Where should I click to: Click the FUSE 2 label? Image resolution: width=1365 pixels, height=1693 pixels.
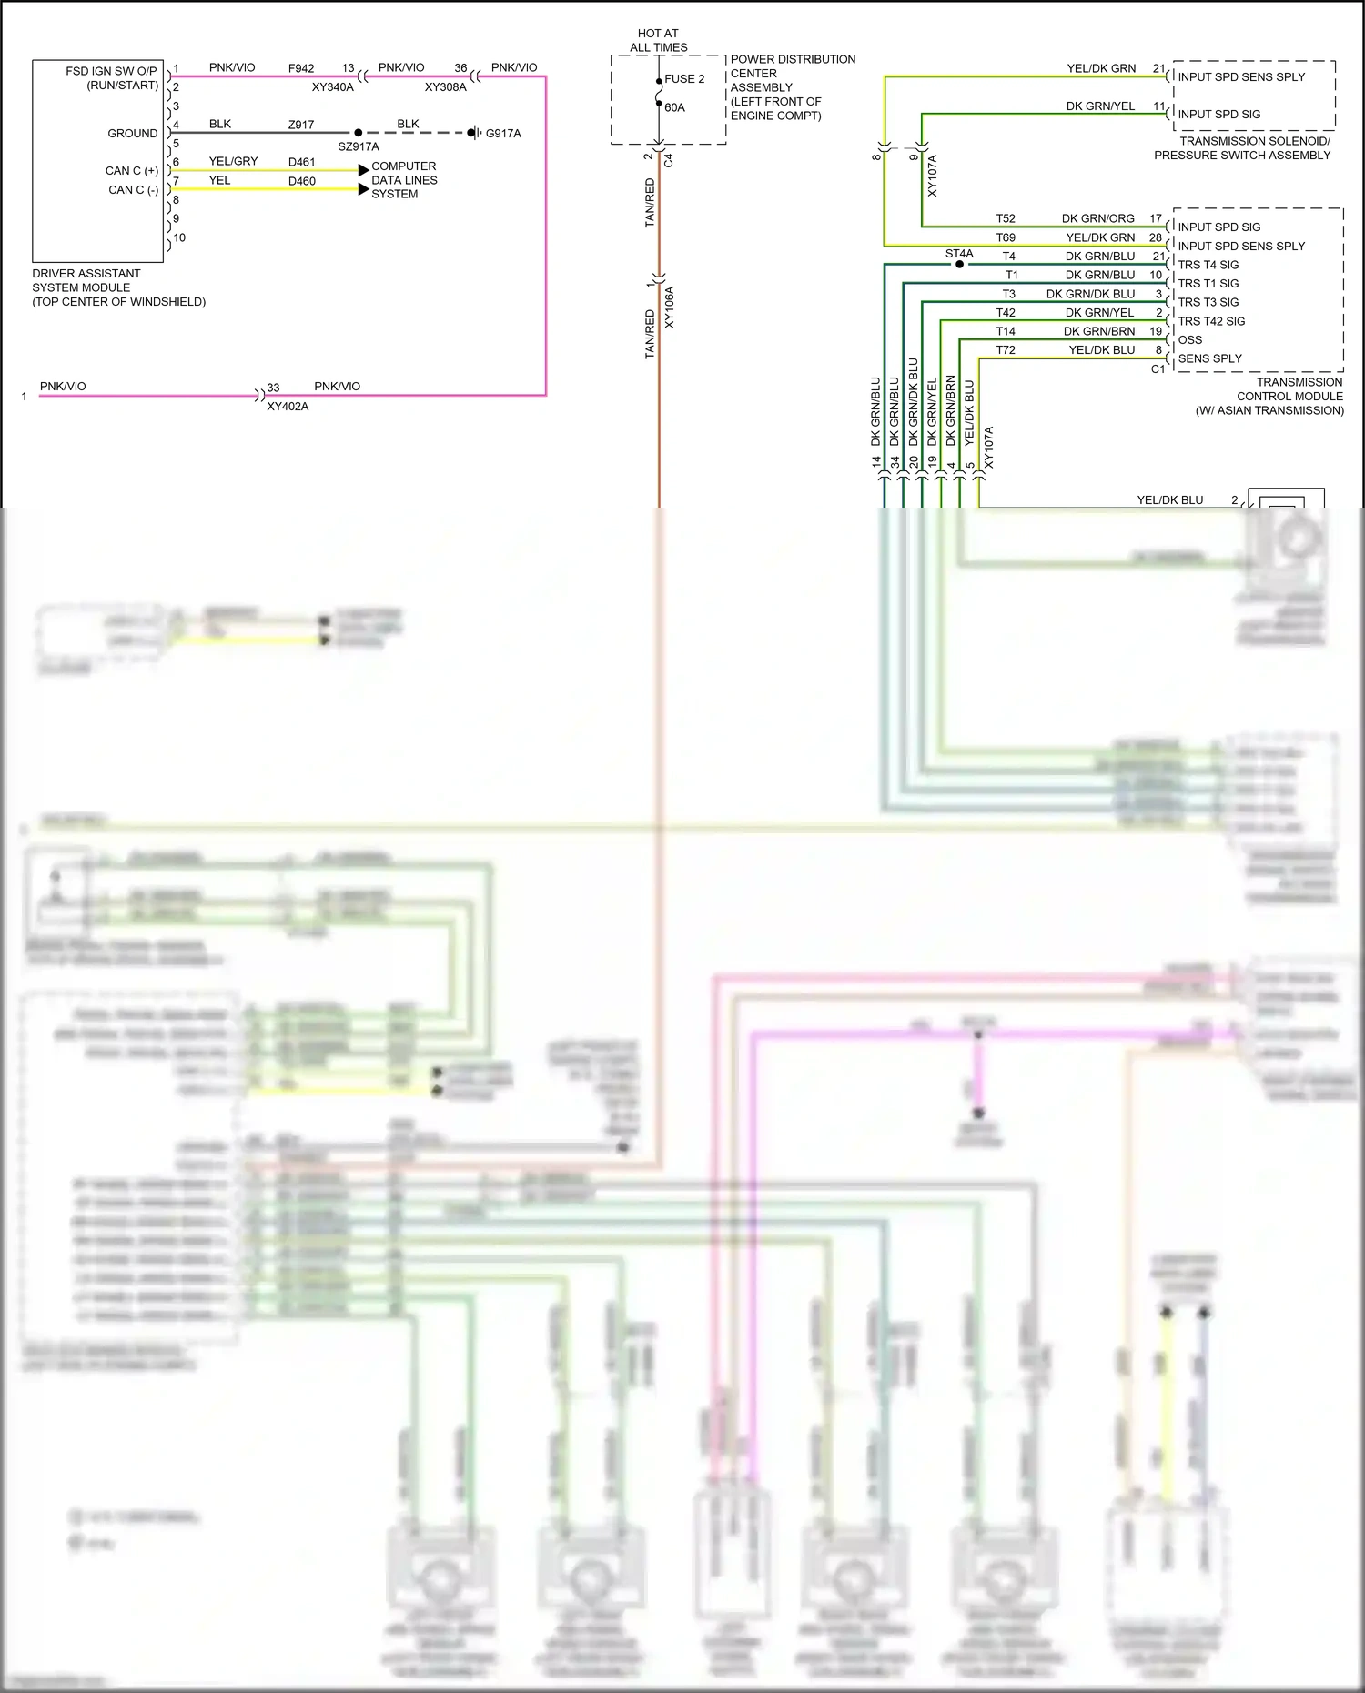[x=684, y=79]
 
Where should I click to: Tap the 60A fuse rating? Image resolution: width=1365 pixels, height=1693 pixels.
[x=674, y=107]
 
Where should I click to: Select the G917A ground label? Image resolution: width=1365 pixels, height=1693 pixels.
[x=503, y=134]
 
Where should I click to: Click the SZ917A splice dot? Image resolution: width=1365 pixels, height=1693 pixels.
[x=358, y=133]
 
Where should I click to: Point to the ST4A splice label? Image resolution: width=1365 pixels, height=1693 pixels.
[x=959, y=254]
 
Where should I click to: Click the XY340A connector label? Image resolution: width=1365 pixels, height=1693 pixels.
[x=332, y=87]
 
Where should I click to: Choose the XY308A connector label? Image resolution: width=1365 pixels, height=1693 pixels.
[x=445, y=87]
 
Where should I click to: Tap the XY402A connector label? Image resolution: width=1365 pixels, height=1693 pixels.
[x=288, y=407]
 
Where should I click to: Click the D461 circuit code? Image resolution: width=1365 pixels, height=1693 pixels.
[x=302, y=162]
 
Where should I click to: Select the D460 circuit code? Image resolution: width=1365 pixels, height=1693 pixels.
[x=302, y=181]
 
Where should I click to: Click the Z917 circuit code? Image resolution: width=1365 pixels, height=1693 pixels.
[x=301, y=125]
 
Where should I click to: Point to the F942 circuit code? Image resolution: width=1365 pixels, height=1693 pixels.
[x=301, y=68]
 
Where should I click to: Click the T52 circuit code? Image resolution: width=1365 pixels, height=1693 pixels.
[x=1006, y=218]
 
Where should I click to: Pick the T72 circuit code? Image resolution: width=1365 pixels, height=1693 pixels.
[x=1006, y=350]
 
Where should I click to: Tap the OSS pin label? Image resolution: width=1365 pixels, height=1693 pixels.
[x=1190, y=339]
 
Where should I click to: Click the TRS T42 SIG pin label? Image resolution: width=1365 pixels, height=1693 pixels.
[x=1211, y=321]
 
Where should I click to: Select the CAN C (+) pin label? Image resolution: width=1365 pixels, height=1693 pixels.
[x=132, y=171]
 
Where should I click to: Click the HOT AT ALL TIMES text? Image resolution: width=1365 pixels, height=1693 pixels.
[x=659, y=40]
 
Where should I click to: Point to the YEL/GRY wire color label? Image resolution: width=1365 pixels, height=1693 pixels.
[x=234, y=161]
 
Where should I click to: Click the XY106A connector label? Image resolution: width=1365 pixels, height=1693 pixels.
[x=670, y=307]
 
